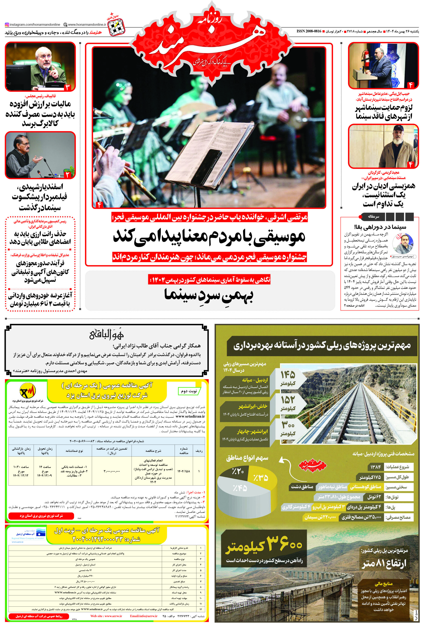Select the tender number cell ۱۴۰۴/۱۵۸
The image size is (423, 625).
183,471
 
